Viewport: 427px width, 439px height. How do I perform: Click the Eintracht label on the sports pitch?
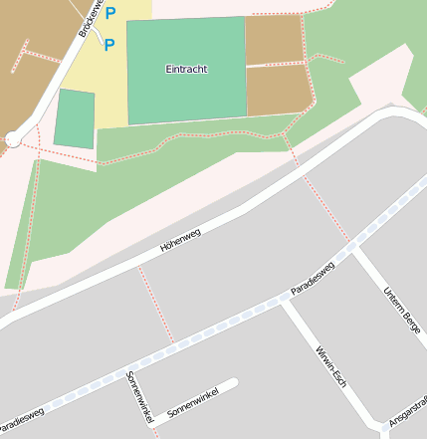coord(186,69)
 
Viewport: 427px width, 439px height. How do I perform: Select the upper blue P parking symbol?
coord(110,14)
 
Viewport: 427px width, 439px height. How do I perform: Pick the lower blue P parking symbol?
coord(109,45)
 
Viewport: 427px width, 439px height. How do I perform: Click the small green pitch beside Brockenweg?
coord(75,119)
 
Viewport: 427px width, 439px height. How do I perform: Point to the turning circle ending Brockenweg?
coord(13,139)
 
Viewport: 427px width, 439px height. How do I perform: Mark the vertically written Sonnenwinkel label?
coord(138,395)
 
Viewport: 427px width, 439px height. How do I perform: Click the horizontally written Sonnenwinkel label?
coord(192,402)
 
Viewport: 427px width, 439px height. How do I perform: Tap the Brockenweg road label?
coord(92,17)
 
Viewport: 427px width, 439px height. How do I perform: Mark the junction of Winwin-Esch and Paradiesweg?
coord(284,301)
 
